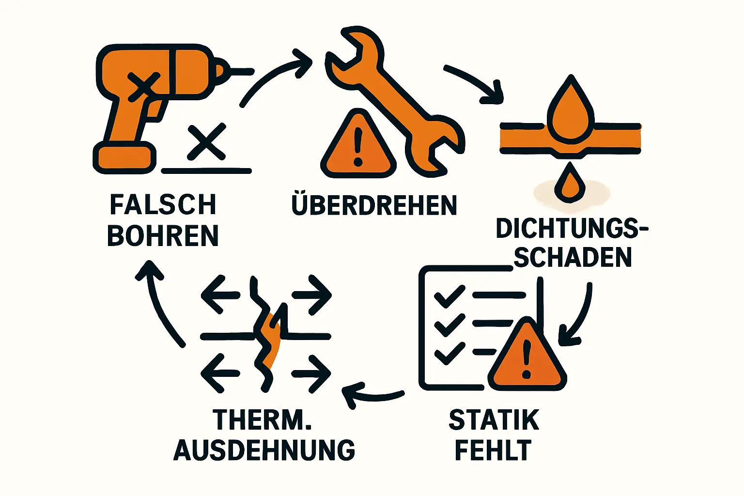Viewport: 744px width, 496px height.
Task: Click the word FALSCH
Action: click(x=163, y=204)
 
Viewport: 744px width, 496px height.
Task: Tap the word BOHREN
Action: click(x=163, y=235)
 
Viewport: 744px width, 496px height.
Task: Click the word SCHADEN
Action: click(x=573, y=257)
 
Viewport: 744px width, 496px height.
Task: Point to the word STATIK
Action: click(x=494, y=420)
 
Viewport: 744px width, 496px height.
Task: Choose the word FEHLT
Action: click(x=493, y=450)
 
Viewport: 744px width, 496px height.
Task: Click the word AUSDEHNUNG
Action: click(x=264, y=450)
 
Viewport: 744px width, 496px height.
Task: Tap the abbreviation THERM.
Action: click(x=262, y=420)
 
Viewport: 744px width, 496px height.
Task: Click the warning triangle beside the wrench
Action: click(x=358, y=143)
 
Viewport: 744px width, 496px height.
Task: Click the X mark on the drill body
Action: click(x=144, y=86)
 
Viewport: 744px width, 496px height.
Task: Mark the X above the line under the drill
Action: click(x=207, y=141)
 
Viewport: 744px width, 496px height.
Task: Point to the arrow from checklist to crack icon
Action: click(x=372, y=395)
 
